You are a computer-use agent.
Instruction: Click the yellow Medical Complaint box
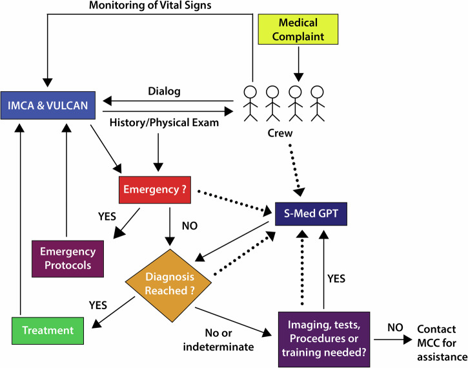pyautogui.click(x=298, y=30)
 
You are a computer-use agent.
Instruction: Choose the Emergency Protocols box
pyautogui.click(x=68, y=258)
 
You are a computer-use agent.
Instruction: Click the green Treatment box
pyautogui.click(x=48, y=330)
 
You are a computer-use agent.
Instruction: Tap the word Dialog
pyautogui.click(x=165, y=91)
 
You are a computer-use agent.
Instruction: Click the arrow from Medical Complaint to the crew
pyautogui.click(x=298, y=65)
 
